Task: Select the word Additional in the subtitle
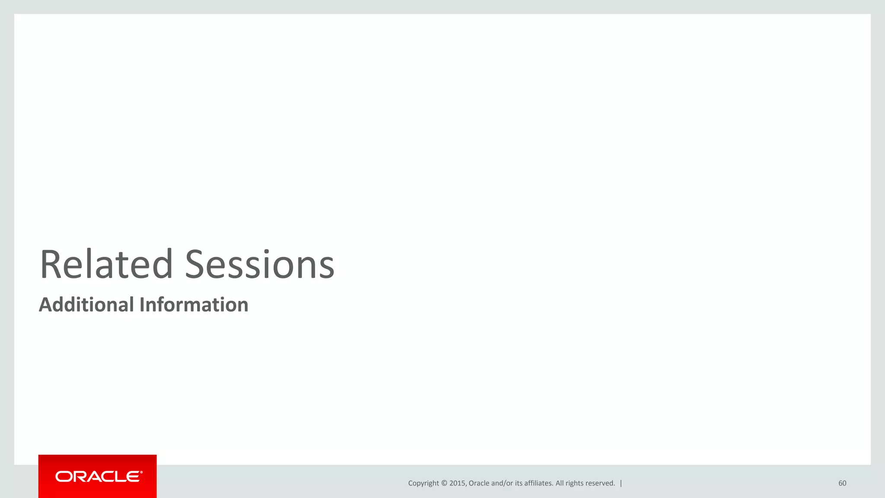pos(86,304)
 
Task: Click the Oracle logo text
pos(98,476)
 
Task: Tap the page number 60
pos(842,483)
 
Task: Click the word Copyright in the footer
pos(423,483)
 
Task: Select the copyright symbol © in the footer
pos(444,483)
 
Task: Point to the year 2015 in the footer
pos(457,483)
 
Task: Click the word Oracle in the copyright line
pos(479,483)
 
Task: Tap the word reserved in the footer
pos(601,483)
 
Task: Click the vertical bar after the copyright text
pos(621,483)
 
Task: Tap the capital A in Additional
pos(46,304)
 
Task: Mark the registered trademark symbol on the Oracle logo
pos(141,472)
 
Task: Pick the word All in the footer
pos(560,483)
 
